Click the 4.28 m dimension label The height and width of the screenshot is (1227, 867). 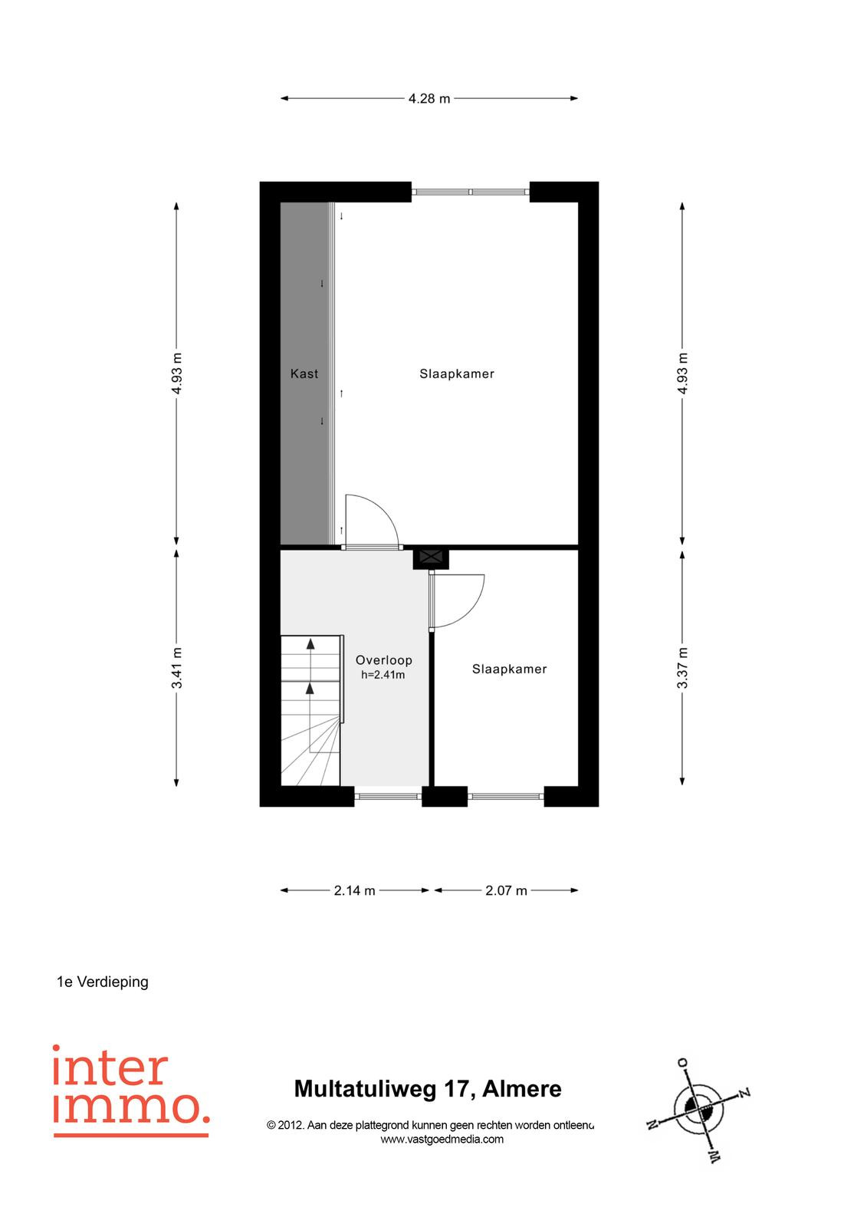429,99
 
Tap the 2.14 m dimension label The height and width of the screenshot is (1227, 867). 354,890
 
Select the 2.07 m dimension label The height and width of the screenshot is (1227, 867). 506,890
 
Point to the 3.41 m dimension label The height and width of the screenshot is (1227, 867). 176,668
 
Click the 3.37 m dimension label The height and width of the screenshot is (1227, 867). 682,668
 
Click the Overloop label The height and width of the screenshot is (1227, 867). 383,660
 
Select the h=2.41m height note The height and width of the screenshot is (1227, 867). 383,675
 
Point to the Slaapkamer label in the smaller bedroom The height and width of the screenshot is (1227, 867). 509,669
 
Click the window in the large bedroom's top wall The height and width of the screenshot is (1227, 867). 471,192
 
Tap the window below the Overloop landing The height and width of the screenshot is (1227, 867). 388,797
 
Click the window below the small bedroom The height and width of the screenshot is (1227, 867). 505,797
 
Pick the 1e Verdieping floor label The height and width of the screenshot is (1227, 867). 103,982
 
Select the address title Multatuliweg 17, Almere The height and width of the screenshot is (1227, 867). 428,1089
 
